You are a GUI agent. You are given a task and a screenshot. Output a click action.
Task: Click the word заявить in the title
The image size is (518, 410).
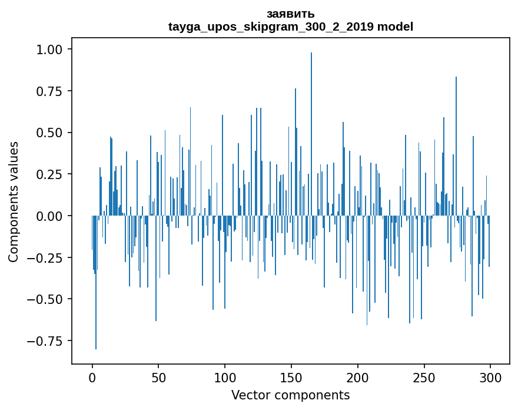290,14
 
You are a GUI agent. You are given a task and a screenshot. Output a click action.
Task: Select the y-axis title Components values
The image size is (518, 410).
13,201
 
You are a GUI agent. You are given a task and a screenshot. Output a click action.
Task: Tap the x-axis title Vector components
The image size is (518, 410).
290,395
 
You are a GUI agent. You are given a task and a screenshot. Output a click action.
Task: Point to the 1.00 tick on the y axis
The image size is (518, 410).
49,49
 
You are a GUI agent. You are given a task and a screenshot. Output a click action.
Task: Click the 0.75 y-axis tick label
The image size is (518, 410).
49,91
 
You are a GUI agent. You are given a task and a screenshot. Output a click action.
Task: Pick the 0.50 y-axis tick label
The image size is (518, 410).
49,133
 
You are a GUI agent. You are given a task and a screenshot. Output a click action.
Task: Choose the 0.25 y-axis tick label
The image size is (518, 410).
49,174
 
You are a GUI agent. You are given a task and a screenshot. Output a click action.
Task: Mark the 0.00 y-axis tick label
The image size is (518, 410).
49,216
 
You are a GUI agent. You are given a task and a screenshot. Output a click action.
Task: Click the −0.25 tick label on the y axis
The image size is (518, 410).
45,257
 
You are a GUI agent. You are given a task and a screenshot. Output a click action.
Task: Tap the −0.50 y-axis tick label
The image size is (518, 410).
45,299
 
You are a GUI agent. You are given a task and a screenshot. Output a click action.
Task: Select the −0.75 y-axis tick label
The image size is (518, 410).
45,341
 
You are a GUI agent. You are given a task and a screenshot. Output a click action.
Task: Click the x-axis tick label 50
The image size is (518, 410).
158,378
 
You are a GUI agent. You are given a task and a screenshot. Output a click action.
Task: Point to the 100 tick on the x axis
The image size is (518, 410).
225,378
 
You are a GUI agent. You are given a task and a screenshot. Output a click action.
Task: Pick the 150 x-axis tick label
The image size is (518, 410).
291,378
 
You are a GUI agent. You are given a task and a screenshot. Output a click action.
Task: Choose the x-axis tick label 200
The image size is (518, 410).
357,378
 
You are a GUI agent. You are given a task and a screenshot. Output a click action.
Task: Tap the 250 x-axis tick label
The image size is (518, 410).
424,378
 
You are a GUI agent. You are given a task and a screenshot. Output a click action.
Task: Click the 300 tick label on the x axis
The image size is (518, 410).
490,378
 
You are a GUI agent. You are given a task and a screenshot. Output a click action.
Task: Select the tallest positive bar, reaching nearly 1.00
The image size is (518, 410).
311,134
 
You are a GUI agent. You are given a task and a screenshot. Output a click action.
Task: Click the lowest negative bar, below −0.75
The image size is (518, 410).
96,282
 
